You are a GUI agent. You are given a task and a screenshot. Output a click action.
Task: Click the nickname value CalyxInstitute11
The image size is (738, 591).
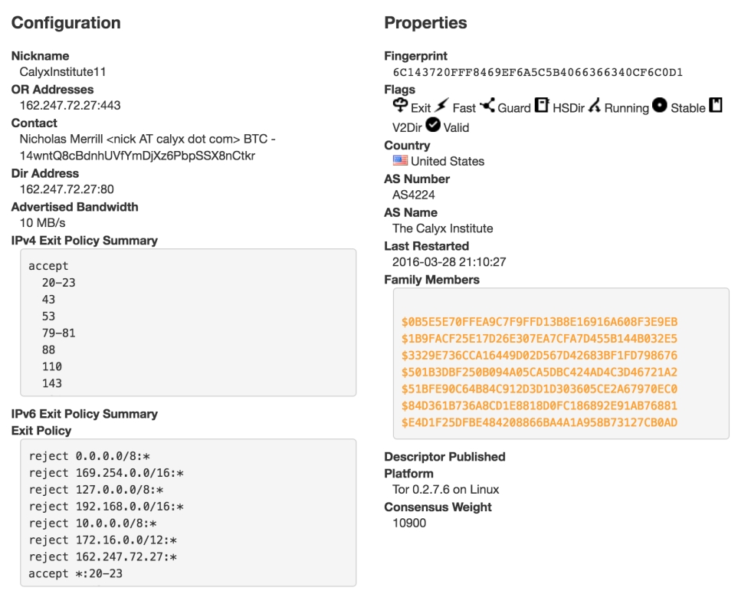pos(63,72)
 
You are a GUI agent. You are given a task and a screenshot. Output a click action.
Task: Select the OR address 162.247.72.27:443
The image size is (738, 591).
pos(71,106)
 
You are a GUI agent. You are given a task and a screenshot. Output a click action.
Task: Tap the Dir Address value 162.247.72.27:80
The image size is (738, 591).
pos(67,189)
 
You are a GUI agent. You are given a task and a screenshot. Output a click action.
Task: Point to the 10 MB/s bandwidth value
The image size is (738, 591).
pos(42,223)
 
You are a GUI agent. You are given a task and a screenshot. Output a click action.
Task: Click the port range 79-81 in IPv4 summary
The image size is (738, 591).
pos(58,333)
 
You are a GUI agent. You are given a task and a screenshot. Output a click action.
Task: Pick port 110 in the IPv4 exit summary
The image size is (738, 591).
pos(52,366)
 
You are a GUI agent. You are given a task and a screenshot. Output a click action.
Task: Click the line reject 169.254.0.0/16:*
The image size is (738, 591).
pos(106,473)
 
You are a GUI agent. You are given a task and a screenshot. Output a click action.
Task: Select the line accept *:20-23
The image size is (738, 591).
pos(75,573)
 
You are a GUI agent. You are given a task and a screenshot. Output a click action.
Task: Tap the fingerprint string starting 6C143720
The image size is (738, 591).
pos(538,72)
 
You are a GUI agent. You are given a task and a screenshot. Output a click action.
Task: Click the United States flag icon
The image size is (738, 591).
pos(400,160)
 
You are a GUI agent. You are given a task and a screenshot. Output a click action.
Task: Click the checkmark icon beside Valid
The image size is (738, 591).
pos(432,125)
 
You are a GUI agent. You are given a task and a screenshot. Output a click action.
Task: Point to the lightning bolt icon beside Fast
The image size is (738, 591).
pos(441,105)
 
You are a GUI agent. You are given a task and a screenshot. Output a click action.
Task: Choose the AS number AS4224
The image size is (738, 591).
pos(414,195)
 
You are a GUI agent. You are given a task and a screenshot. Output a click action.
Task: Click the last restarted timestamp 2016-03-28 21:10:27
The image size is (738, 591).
pos(449,262)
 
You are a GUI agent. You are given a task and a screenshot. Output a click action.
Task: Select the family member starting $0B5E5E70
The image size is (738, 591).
pos(540,322)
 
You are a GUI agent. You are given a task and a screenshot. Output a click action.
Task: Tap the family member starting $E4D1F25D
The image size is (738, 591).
pos(540,423)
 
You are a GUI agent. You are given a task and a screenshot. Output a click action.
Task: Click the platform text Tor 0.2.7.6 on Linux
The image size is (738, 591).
pos(446,490)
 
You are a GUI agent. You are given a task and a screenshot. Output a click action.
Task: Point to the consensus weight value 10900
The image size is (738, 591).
pos(409,524)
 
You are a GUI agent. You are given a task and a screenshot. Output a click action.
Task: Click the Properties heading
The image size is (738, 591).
pos(425,22)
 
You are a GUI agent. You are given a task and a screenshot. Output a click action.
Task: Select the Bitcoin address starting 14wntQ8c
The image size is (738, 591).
pos(137,156)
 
